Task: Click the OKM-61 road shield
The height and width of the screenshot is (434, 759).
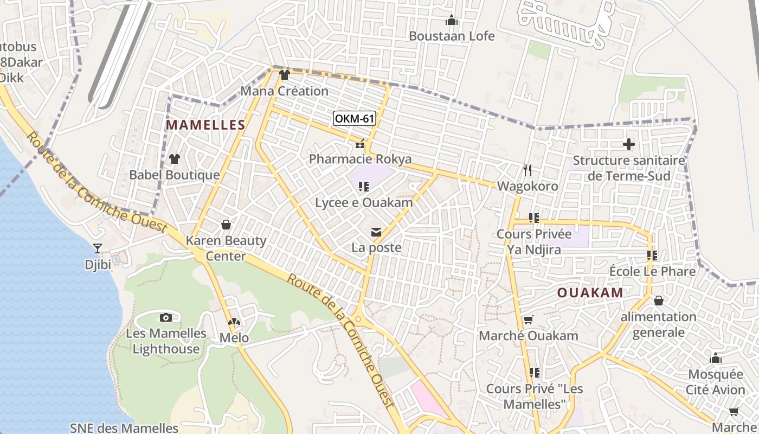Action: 355,118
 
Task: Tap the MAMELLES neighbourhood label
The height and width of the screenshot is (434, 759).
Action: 205,125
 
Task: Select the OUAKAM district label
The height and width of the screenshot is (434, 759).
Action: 590,293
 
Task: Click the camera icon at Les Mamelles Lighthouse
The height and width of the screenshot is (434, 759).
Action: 166,317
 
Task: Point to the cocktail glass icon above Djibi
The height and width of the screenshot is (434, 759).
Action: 98,248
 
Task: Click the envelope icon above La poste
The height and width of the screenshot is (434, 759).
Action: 376,232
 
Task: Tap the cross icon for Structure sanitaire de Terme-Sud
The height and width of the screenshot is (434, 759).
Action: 628,144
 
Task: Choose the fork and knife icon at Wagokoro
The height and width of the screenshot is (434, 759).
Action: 527,170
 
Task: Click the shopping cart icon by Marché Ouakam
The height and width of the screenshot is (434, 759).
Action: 528,320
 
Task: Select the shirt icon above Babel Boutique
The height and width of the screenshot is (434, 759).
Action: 174,159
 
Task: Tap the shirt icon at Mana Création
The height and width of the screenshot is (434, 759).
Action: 284,75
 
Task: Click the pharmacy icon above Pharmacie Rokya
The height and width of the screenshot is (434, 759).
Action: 359,144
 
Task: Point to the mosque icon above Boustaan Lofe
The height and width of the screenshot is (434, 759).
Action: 451,21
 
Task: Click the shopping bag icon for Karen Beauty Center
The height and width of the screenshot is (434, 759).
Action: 226,225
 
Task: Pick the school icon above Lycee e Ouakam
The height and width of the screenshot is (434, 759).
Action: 364,187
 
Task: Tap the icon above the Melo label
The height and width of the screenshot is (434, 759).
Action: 234,322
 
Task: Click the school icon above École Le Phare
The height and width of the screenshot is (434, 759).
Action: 652,255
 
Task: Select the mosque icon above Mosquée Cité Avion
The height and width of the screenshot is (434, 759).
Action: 716,358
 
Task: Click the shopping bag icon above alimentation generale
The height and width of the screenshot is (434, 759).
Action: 658,301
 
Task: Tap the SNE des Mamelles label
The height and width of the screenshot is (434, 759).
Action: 124,427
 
